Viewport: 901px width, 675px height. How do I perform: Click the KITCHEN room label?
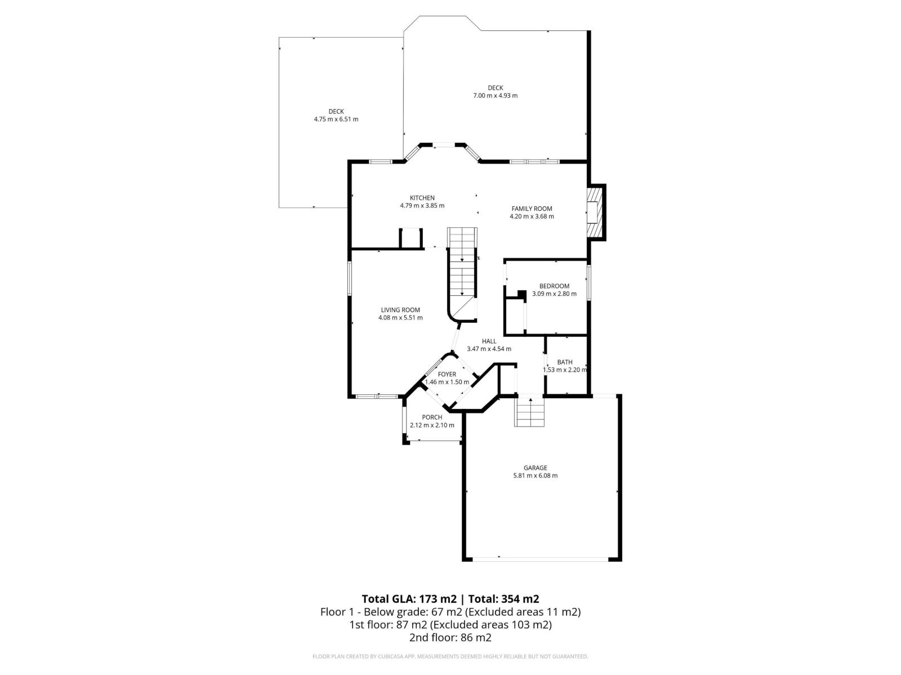(x=422, y=198)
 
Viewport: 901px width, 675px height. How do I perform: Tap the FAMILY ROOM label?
(x=532, y=209)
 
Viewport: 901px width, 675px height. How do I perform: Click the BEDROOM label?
(x=554, y=286)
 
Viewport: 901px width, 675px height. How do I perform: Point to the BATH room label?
(x=565, y=362)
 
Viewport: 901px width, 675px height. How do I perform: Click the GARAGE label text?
(x=535, y=468)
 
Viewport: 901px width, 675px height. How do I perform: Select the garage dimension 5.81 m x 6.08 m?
(x=535, y=476)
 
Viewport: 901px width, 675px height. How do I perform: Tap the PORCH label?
(x=432, y=417)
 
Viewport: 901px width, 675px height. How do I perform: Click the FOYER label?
(x=447, y=374)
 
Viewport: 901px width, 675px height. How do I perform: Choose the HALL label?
(x=489, y=341)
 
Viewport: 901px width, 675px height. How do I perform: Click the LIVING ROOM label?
(x=400, y=310)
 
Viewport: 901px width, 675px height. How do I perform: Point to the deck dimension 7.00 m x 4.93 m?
(x=495, y=96)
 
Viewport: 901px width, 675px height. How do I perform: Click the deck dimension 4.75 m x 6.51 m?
(x=336, y=119)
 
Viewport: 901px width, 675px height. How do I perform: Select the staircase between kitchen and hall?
(x=462, y=270)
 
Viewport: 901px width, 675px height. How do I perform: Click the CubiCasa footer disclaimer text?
(x=450, y=656)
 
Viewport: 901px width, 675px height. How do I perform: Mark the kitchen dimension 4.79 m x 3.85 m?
(x=422, y=206)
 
